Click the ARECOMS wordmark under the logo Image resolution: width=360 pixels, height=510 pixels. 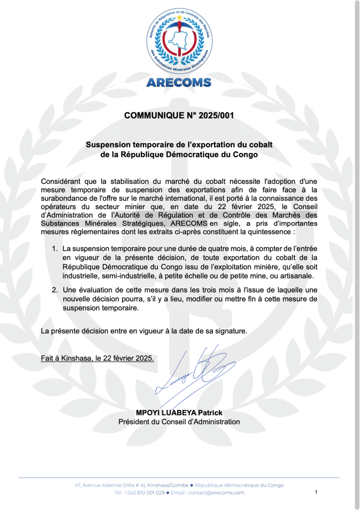click(x=179, y=83)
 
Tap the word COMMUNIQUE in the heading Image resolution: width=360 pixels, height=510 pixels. click(x=155, y=116)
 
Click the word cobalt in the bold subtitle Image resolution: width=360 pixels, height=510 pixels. click(x=260, y=144)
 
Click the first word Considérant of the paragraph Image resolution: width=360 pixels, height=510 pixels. click(x=62, y=182)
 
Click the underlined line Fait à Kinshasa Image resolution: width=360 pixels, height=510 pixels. click(x=98, y=358)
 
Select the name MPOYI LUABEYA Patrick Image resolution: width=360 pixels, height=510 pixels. click(x=179, y=413)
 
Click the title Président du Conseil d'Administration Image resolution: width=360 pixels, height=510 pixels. click(x=179, y=422)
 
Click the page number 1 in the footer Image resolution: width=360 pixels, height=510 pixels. click(x=316, y=492)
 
